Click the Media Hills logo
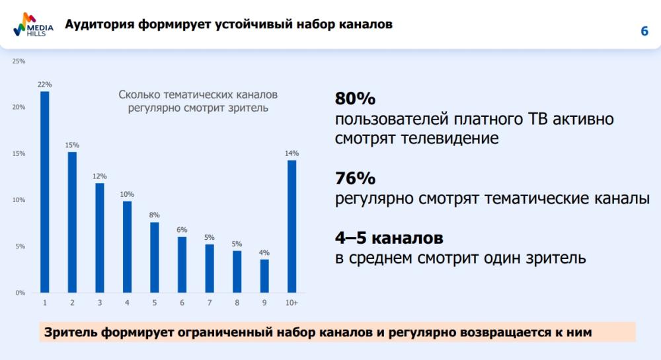(x=33, y=25)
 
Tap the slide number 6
(x=644, y=32)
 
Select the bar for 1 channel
(x=44, y=192)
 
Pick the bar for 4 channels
(x=127, y=246)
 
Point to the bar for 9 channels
(x=264, y=275)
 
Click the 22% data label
(x=44, y=85)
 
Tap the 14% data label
(x=292, y=153)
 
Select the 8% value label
(x=154, y=215)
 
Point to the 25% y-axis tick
(x=19, y=61)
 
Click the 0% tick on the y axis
(x=20, y=293)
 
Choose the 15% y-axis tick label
(x=19, y=154)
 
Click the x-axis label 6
(x=182, y=303)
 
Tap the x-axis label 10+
(x=292, y=303)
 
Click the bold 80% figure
(x=355, y=99)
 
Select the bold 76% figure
(x=355, y=178)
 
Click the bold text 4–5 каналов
(x=389, y=238)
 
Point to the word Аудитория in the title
(x=99, y=25)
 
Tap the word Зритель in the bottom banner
(x=71, y=332)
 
